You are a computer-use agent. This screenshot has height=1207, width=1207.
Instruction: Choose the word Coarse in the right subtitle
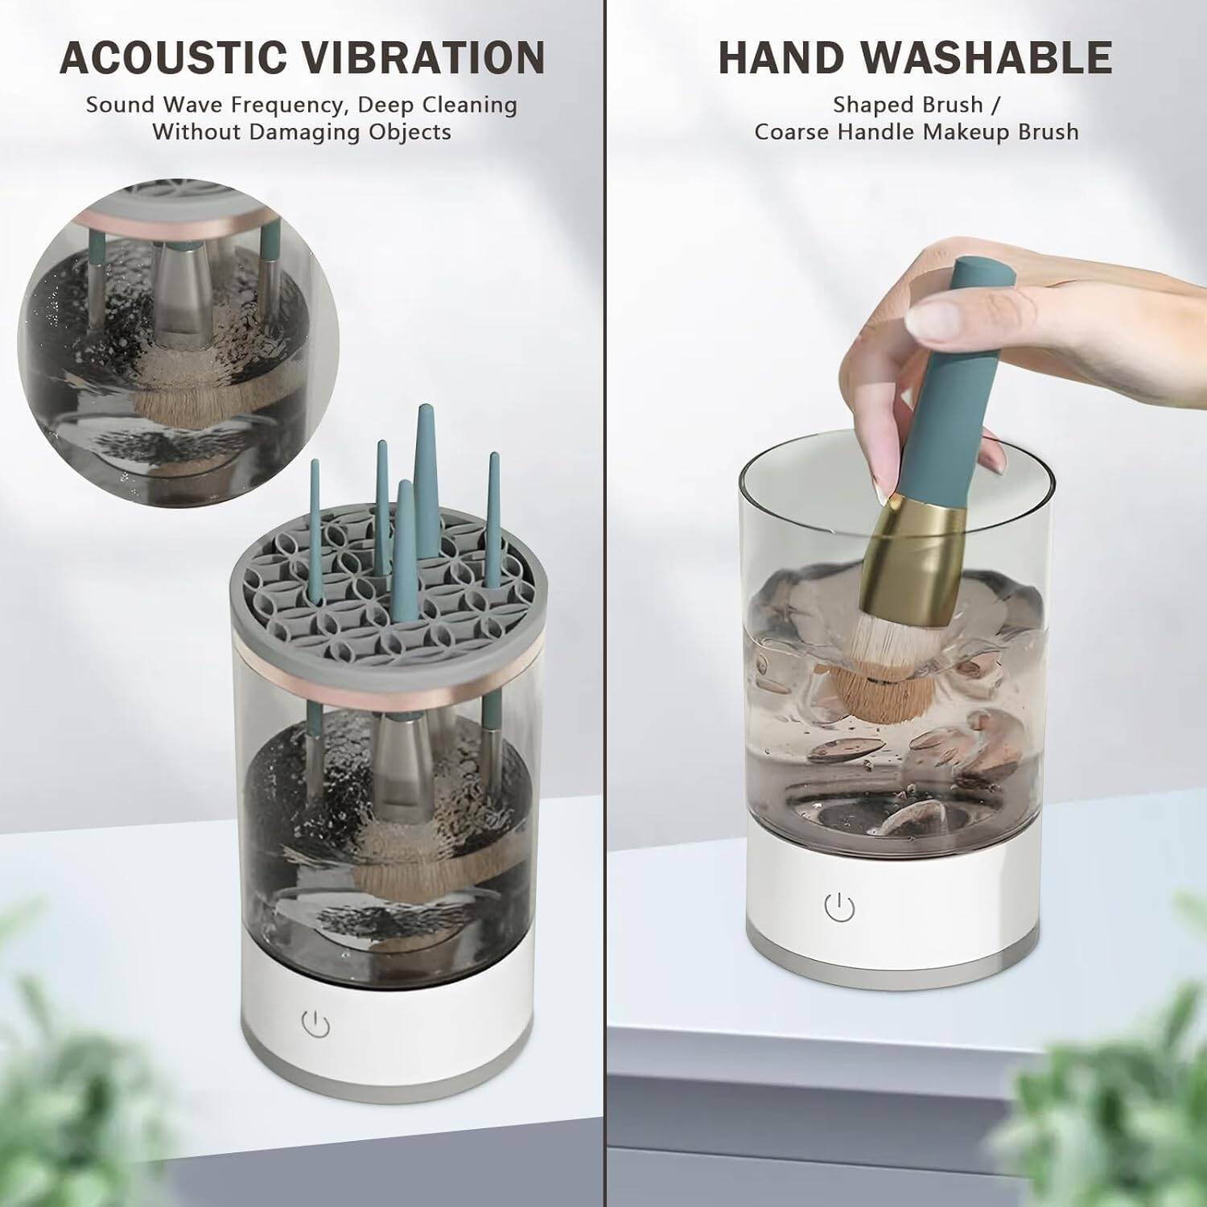coord(793,132)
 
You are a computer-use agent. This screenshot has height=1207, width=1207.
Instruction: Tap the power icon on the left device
coord(315,1024)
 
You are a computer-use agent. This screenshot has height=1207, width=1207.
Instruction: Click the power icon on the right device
coord(839,908)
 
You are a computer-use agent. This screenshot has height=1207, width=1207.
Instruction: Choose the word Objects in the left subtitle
coord(410,132)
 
